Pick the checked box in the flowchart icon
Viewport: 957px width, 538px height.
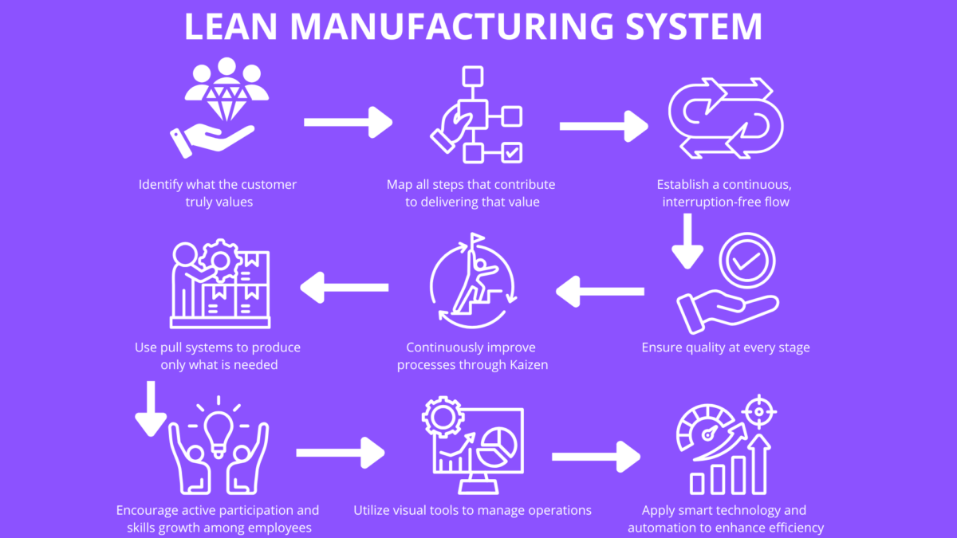click(x=511, y=151)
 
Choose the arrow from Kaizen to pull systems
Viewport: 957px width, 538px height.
click(x=344, y=287)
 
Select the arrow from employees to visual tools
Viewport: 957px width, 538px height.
click(x=341, y=453)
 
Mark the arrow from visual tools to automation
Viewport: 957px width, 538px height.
click(x=596, y=456)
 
